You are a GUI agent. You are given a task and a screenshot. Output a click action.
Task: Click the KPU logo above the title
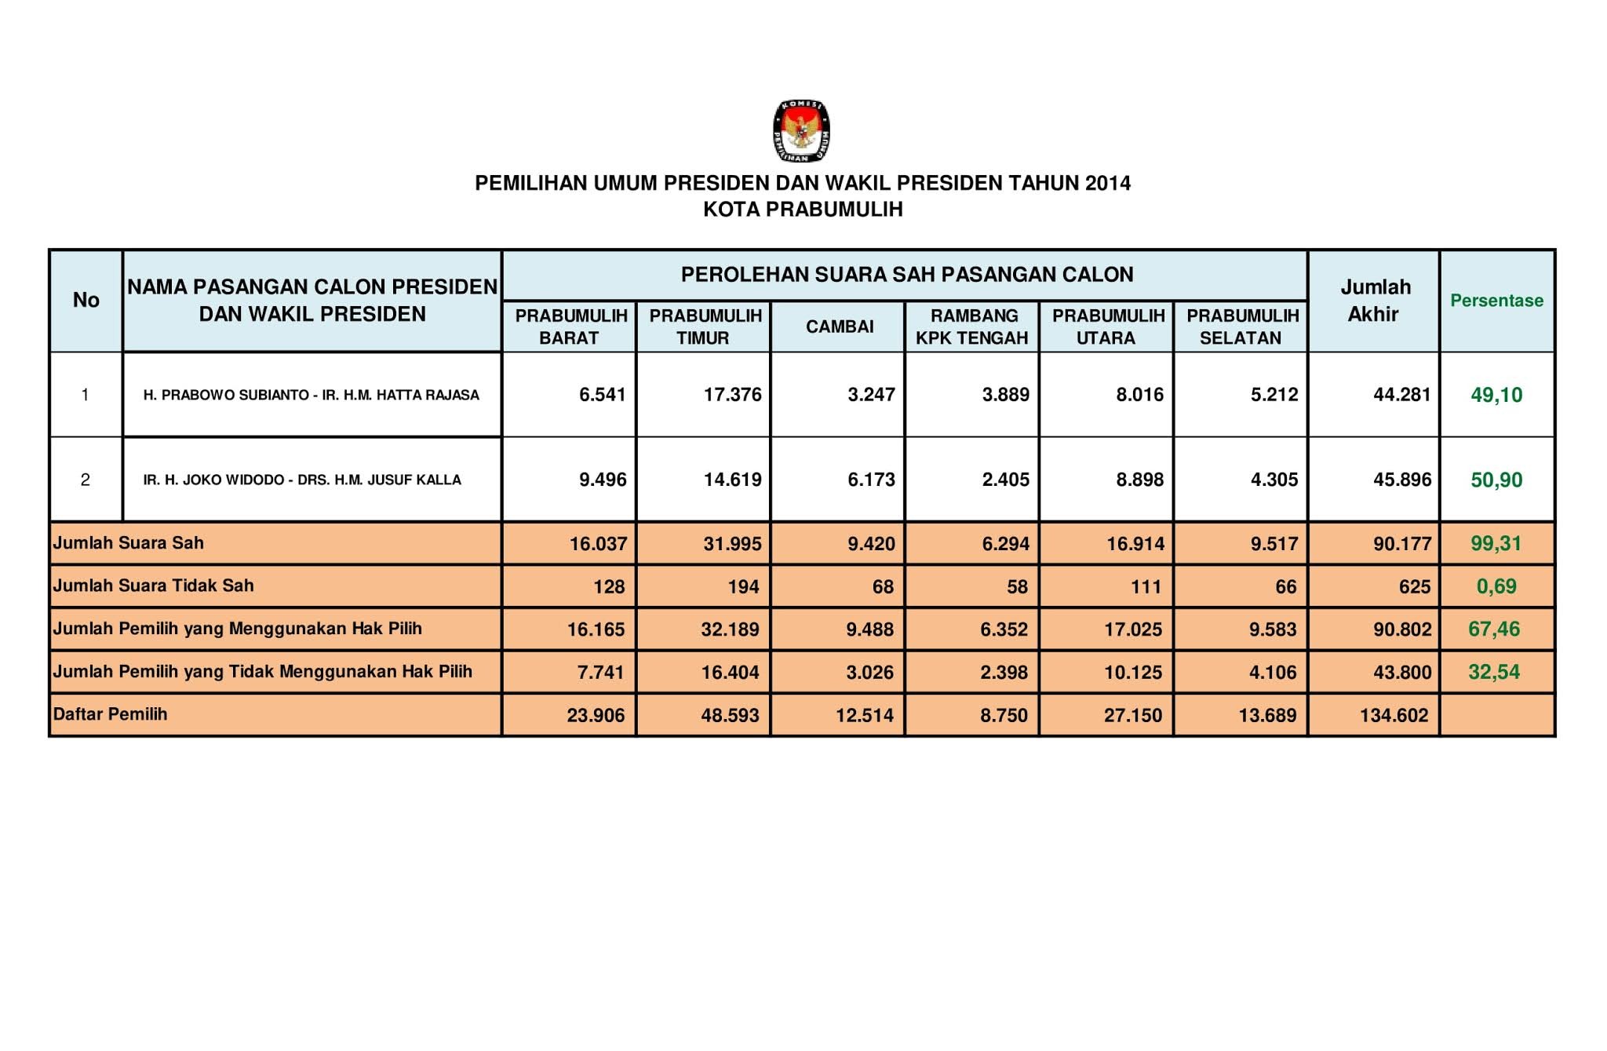pyautogui.click(x=801, y=131)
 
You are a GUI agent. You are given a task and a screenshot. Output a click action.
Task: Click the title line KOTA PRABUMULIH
pyautogui.click(x=803, y=210)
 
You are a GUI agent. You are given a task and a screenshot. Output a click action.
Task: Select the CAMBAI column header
pyautogui.click(x=839, y=327)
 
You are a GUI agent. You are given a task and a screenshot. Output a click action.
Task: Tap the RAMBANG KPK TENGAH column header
pyautogui.click(x=972, y=327)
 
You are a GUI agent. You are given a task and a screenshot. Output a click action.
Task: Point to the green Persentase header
pyautogui.click(x=1496, y=301)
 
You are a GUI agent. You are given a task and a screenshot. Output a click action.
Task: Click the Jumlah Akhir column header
pyautogui.click(x=1374, y=301)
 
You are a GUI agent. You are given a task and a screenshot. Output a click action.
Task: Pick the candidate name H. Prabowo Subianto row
pyautogui.click(x=311, y=395)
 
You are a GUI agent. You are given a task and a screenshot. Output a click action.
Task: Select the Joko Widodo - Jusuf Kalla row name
pyautogui.click(x=302, y=480)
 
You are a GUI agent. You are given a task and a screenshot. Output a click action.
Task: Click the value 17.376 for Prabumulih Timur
pyautogui.click(x=732, y=395)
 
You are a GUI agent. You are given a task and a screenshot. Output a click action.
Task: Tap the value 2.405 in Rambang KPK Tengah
pyautogui.click(x=1005, y=480)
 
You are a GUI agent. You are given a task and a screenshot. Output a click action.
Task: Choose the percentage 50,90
pyautogui.click(x=1496, y=480)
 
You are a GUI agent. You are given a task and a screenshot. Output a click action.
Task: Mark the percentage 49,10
pyautogui.click(x=1496, y=395)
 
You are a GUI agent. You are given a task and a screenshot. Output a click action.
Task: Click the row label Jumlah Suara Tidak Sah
pyautogui.click(x=153, y=586)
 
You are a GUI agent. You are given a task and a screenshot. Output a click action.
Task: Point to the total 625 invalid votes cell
pyautogui.click(x=1414, y=586)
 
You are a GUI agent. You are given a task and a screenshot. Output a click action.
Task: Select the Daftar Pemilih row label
pyautogui.click(x=110, y=714)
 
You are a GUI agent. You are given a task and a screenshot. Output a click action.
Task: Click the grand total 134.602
pyautogui.click(x=1394, y=715)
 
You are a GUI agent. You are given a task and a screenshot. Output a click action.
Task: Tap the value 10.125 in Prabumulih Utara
pyautogui.click(x=1132, y=672)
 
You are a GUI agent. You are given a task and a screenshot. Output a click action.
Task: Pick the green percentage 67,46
pyautogui.click(x=1494, y=629)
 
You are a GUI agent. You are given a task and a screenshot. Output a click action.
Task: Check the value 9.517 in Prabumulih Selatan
pyautogui.click(x=1274, y=543)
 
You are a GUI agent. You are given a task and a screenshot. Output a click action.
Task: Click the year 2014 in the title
pyautogui.click(x=1108, y=183)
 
